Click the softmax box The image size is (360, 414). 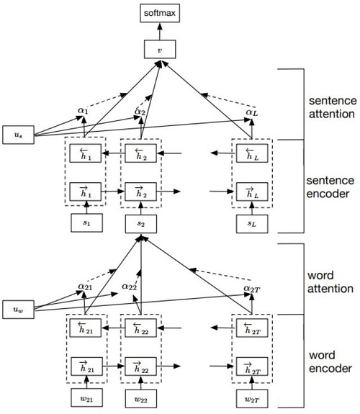[x=160, y=13]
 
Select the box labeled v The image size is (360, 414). [x=160, y=50]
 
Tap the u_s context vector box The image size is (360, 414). [x=18, y=135]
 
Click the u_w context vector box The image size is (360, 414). [x=18, y=310]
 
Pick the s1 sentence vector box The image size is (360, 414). [x=86, y=223]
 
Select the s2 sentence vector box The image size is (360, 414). [x=141, y=224]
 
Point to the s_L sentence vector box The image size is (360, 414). [x=252, y=224]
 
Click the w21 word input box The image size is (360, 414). [x=86, y=397]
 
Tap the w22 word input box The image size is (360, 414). [x=141, y=399]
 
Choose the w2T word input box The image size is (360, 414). [x=252, y=399]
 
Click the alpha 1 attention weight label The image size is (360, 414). [x=83, y=110]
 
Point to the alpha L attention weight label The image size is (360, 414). [x=252, y=113]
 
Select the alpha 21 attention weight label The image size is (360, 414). [x=85, y=287]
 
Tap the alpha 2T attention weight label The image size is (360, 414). [x=252, y=289]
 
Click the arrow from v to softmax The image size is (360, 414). [x=160, y=31]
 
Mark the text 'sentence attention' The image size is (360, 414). [x=332, y=107]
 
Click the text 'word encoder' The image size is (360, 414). [x=330, y=361]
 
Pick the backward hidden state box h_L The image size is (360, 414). [x=252, y=153]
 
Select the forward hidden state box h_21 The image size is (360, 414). [x=86, y=366]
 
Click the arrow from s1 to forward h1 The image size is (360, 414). [x=86, y=207]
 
